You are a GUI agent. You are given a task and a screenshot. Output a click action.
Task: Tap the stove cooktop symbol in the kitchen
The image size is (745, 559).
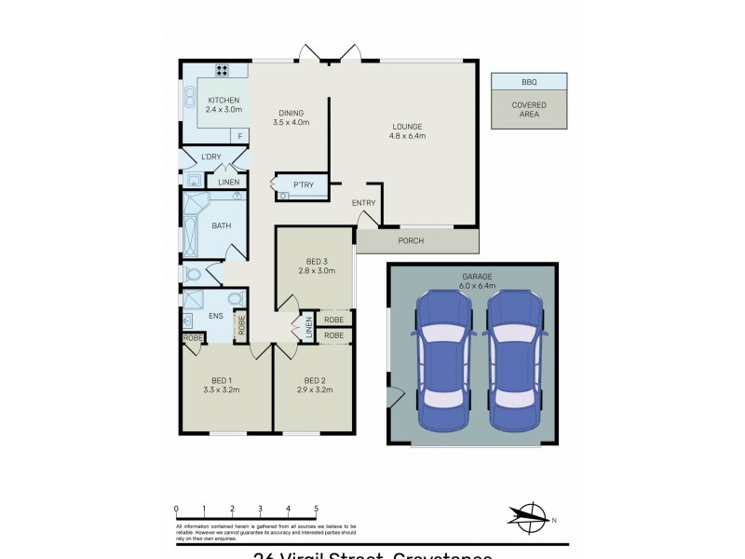(223, 69)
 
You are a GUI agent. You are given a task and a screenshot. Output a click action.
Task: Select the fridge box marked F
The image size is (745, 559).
(239, 136)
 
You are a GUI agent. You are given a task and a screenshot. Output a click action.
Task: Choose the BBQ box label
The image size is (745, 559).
(528, 81)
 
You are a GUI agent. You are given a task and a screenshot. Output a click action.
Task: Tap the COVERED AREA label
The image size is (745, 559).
(528, 110)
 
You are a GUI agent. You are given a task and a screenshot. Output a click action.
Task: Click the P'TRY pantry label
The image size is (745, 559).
(304, 186)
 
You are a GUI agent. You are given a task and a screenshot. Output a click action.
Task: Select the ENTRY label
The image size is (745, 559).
(363, 203)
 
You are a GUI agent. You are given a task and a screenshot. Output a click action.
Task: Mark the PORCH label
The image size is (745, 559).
(411, 241)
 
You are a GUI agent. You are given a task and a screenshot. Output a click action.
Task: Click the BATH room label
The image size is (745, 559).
(222, 225)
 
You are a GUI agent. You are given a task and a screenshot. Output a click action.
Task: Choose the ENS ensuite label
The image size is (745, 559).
(215, 316)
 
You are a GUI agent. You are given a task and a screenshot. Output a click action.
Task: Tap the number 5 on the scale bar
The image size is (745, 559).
(317, 510)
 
